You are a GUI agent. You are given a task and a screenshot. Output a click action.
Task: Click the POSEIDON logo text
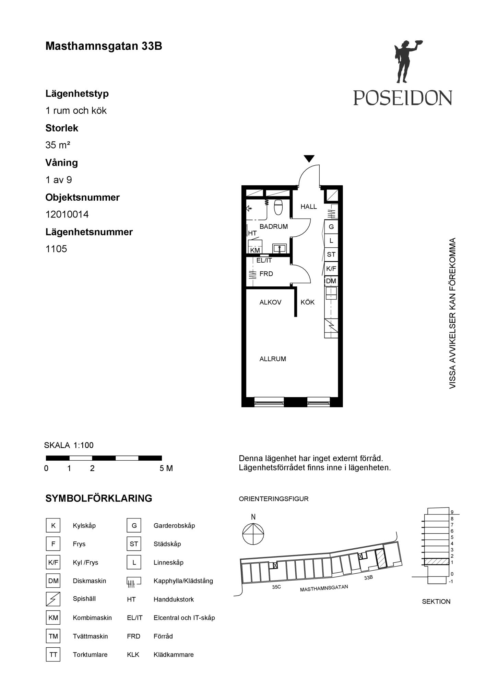(403, 98)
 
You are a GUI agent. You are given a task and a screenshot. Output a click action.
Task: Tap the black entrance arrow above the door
(309, 159)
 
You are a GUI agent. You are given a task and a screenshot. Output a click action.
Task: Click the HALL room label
(309, 207)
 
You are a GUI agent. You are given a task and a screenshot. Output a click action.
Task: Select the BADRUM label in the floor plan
(274, 226)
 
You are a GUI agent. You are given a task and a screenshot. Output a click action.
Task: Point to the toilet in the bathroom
(278, 207)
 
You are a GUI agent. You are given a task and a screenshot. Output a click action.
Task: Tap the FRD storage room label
(266, 274)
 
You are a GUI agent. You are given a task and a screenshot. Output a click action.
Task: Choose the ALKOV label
(270, 302)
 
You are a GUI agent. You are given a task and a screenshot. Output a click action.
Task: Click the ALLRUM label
(273, 359)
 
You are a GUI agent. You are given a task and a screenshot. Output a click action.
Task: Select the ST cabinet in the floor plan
(331, 254)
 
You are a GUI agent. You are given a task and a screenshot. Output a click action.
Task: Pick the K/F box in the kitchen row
(331, 269)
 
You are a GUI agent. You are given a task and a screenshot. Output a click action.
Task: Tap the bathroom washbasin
(280, 248)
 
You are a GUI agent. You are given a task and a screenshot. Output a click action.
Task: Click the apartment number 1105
(56, 249)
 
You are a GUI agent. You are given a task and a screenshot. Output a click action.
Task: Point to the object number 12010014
(67, 214)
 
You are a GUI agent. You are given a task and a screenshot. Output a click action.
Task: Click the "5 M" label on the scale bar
(166, 468)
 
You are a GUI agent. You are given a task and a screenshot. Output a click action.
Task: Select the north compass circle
(253, 534)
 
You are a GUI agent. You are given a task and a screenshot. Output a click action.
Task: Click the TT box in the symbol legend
(53, 655)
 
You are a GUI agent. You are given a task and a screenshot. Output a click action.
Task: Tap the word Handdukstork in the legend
(174, 599)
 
